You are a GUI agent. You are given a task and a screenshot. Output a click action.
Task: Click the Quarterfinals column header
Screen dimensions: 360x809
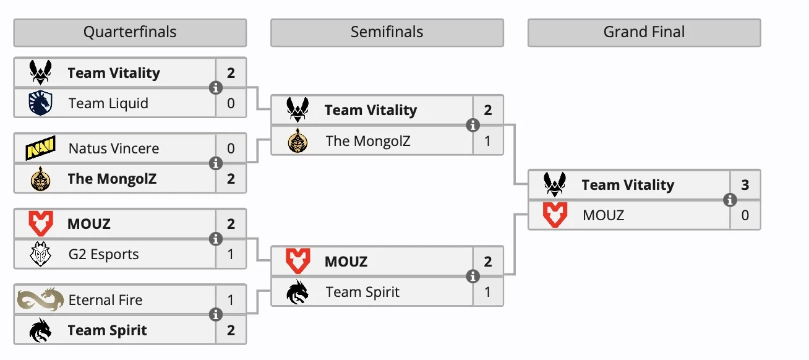pyautogui.click(x=130, y=32)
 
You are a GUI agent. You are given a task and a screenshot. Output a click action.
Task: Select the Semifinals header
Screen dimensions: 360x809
pyautogui.click(x=387, y=32)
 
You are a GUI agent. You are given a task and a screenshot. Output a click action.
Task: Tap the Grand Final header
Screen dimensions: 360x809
pyautogui.click(x=644, y=32)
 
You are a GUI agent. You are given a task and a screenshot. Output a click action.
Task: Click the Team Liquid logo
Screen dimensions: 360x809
pyautogui.click(x=41, y=103)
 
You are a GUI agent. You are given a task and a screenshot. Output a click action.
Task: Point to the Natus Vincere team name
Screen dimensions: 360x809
pyautogui.click(x=114, y=148)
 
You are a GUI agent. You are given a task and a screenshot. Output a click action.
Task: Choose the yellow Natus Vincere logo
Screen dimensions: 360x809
pyautogui.click(x=41, y=148)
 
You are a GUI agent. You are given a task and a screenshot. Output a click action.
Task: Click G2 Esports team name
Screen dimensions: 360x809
pyautogui.click(x=104, y=254)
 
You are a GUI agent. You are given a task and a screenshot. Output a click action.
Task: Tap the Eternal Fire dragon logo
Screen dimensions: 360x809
pyautogui.click(x=41, y=299)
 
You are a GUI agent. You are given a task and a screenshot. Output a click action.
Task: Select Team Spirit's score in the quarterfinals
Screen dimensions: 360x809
pyautogui.click(x=231, y=330)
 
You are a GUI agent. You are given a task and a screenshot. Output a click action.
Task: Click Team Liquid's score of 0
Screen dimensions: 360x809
pyautogui.click(x=231, y=103)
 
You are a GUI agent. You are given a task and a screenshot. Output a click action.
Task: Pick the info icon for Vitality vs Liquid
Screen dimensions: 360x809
pyautogui.click(x=216, y=88)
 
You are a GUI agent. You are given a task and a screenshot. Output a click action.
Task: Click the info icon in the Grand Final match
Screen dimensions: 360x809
pyautogui.click(x=730, y=200)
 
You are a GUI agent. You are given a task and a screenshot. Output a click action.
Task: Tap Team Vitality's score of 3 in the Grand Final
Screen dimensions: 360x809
pyautogui.click(x=745, y=185)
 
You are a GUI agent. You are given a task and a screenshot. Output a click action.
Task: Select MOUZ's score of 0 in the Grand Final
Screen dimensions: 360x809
pyautogui.click(x=745, y=215)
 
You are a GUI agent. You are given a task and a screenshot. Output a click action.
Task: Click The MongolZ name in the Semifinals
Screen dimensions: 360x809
pyautogui.click(x=368, y=141)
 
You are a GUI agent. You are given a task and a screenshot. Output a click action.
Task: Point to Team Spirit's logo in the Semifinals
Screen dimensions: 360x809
pyautogui.click(x=297, y=292)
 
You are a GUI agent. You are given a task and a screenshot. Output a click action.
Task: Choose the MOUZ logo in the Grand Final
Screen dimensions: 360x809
pyautogui.click(x=555, y=215)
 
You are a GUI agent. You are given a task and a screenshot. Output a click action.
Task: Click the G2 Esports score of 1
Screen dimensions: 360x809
pyautogui.click(x=231, y=254)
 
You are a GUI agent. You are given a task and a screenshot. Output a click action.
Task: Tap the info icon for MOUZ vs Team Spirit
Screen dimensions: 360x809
pyautogui.click(x=473, y=276)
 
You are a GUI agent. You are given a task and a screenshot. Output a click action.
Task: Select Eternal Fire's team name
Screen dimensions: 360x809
pyautogui.click(x=106, y=300)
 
